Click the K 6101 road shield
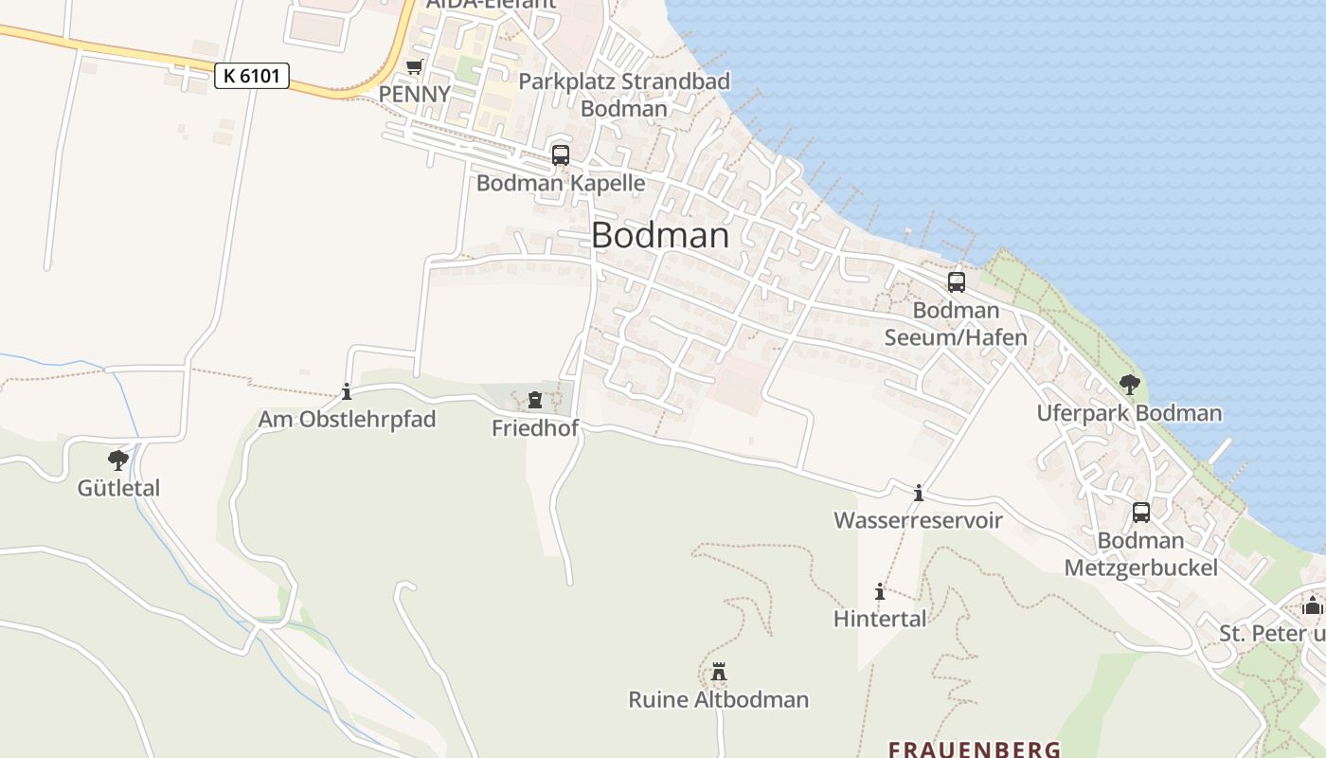coord(252,76)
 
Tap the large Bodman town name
coord(660,236)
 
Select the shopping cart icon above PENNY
coord(414,66)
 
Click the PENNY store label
coord(414,95)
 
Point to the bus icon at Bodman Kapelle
coord(561,155)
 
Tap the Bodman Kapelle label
coord(561,183)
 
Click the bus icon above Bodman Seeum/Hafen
coord(957,282)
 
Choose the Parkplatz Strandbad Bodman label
coord(624,95)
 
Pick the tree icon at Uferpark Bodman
coord(1129,384)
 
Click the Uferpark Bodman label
coord(1129,413)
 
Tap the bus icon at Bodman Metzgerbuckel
coord(1141,513)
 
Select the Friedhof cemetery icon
coord(535,400)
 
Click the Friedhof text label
coord(535,428)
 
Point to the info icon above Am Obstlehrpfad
coord(347,390)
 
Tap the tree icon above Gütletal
coord(118,460)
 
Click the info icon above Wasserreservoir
coord(918,493)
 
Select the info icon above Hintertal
coord(880,591)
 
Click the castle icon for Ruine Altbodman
coord(719,672)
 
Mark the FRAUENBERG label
coord(974,749)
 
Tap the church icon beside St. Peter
coord(1312,605)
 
